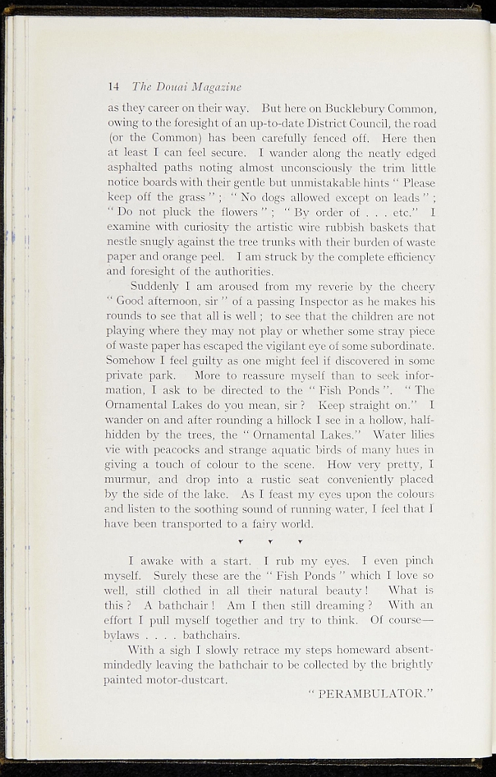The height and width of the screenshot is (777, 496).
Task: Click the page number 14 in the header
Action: (x=114, y=85)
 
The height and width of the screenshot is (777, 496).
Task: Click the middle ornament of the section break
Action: (x=270, y=542)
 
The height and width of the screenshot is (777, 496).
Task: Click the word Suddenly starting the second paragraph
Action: (x=155, y=287)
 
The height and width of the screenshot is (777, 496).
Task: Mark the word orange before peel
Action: (x=154, y=256)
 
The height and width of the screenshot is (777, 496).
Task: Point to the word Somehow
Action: (x=129, y=360)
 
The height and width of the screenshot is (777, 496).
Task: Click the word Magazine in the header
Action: (x=216, y=85)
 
